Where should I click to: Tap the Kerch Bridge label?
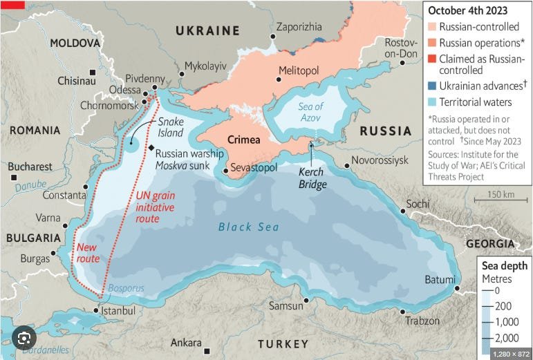point(312,178)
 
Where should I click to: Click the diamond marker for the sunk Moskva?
point(150,148)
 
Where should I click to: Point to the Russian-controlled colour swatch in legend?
point(433,27)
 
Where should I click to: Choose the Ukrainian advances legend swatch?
point(433,86)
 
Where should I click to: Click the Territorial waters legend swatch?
point(433,102)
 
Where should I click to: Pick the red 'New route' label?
point(88,253)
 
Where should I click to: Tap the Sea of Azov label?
point(310,112)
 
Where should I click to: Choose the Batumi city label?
point(439,279)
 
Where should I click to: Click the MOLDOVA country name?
point(75,43)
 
